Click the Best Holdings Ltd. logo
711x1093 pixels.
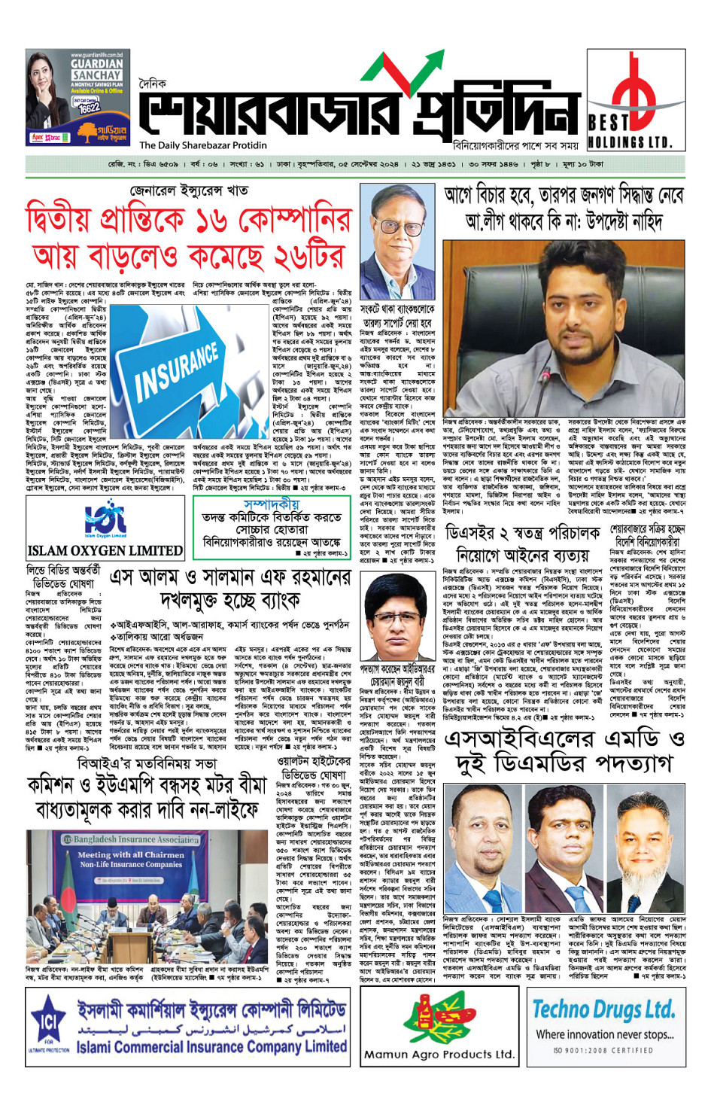[635, 105]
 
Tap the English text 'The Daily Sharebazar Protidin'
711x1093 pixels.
[202, 145]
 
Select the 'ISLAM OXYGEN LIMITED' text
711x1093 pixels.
[105, 550]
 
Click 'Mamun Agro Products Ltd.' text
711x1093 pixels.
[439, 1054]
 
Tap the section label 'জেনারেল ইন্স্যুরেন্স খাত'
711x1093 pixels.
[188, 190]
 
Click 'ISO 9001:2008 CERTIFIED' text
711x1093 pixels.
[603, 1050]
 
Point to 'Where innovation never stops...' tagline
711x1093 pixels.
[604, 1034]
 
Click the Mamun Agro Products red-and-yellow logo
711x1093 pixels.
[439, 1017]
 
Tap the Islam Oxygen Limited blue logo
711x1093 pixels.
[105, 519]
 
